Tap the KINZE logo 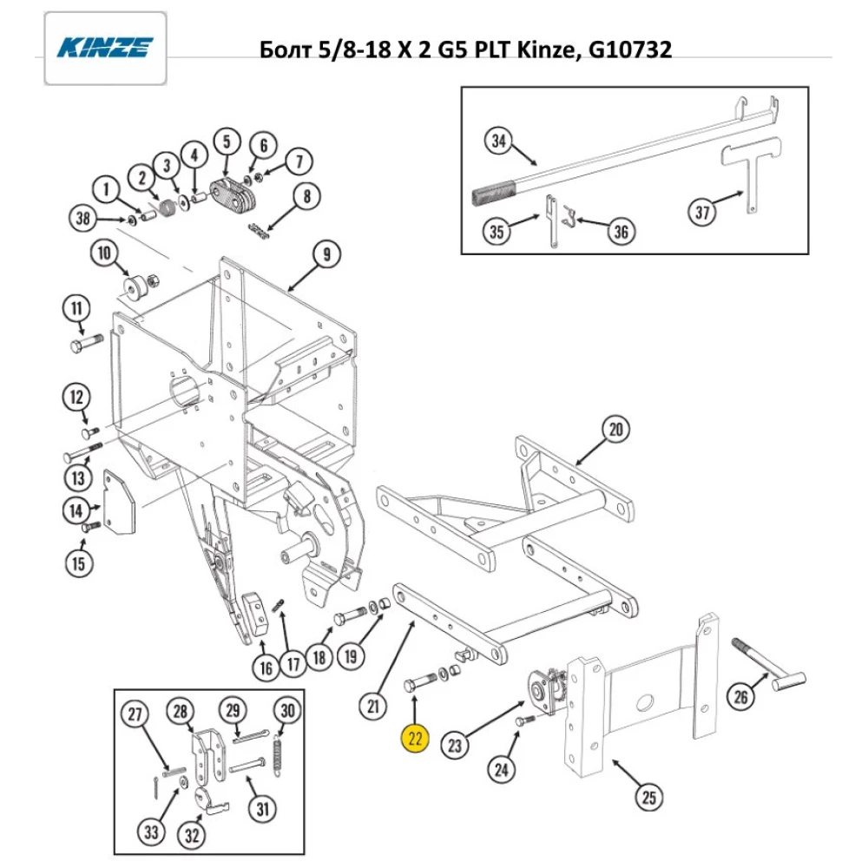[x=105, y=47]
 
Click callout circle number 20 [x=615, y=430]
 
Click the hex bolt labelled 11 [x=85, y=344]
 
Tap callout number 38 [x=82, y=220]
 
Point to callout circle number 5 [x=226, y=141]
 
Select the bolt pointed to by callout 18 [x=350, y=615]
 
